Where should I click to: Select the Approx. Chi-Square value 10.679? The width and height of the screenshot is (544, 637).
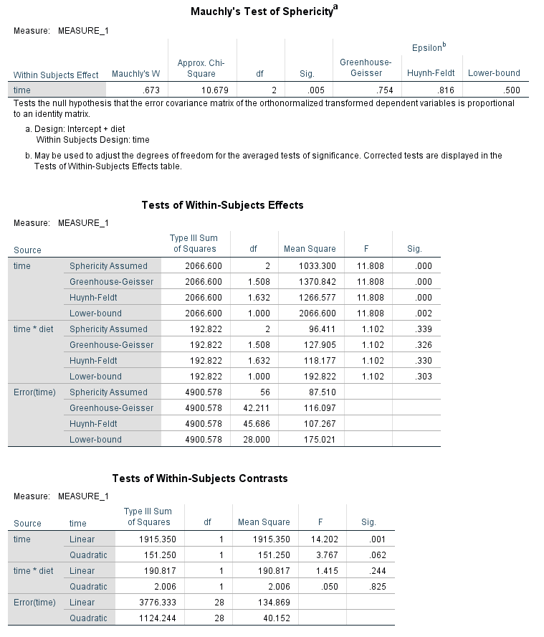214,90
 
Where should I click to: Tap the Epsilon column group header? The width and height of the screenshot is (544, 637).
429,47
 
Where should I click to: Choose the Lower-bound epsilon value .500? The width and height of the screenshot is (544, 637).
512,90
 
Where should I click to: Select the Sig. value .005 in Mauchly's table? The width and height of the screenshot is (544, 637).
316,90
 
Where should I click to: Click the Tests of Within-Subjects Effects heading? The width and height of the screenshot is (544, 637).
222,205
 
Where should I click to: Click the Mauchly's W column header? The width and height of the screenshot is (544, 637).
135,74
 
